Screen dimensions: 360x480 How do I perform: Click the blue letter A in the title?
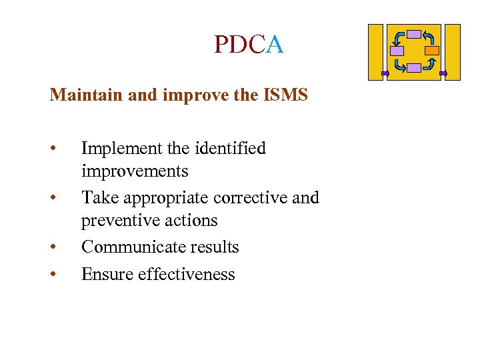click(275, 45)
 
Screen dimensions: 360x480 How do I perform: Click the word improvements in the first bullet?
click(135, 171)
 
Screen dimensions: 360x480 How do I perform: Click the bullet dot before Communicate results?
click(53, 248)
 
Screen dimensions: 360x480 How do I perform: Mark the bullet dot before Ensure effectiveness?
click(53, 275)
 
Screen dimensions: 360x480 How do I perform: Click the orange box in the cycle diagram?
click(432, 50)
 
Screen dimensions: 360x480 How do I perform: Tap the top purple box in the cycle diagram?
click(414, 34)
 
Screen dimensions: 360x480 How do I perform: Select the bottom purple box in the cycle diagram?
click(414, 67)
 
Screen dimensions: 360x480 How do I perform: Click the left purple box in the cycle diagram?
click(397, 50)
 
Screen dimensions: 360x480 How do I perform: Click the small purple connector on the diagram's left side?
click(385, 73)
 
